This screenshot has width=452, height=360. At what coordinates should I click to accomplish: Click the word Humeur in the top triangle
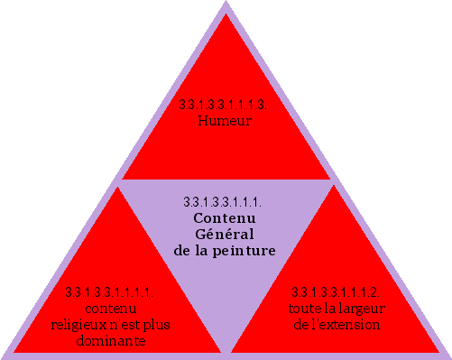click(x=224, y=122)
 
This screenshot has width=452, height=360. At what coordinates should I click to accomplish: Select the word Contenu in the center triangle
click(x=226, y=218)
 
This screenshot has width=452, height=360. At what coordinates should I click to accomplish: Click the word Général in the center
click(x=226, y=234)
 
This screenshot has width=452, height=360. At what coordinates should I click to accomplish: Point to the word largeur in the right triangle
click(x=361, y=308)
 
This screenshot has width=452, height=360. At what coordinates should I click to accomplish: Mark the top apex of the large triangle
click(x=226, y=3)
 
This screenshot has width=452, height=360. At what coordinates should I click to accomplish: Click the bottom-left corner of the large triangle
click(x=3, y=356)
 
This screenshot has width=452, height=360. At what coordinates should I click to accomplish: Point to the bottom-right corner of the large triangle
click(x=448, y=356)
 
